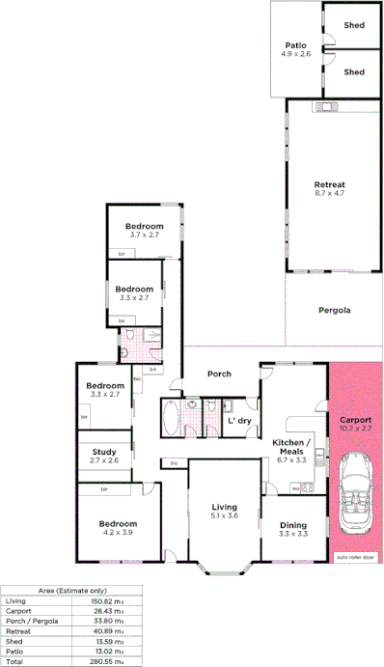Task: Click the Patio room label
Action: pyautogui.click(x=295, y=44)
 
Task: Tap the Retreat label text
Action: pyautogui.click(x=329, y=183)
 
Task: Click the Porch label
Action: pyautogui.click(x=219, y=374)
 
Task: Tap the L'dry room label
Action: pyautogui.click(x=239, y=421)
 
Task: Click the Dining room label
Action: pyautogui.click(x=292, y=525)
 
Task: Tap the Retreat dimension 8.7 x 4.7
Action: pyautogui.click(x=329, y=194)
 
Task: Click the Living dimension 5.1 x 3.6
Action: pyautogui.click(x=224, y=516)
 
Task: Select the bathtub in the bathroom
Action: pyautogui.click(x=170, y=420)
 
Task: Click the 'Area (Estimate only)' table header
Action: pyautogui.click(x=71, y=589)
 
